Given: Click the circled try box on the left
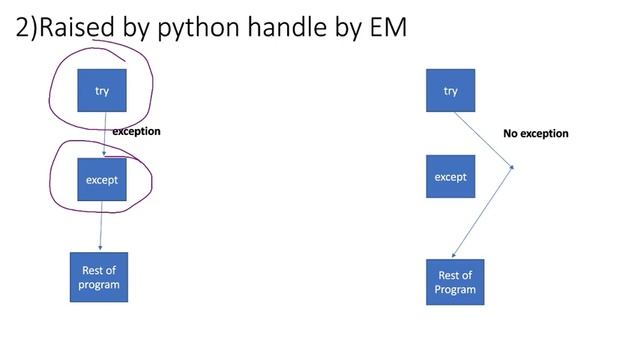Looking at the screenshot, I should pos(102,91).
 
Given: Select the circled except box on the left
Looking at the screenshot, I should pos(102,180).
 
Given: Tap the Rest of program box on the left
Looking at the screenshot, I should pos(100,277).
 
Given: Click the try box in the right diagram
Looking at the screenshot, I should pos(451,91).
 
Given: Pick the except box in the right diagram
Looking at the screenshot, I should pos(451,177).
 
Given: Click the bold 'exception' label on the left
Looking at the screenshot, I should pos(136,131).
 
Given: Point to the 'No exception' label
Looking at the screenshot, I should pos(535,133).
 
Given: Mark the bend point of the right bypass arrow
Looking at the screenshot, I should pos(513,167).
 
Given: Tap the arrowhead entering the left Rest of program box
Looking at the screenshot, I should pos(100,250).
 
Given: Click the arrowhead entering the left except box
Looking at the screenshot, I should pos(104,154).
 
